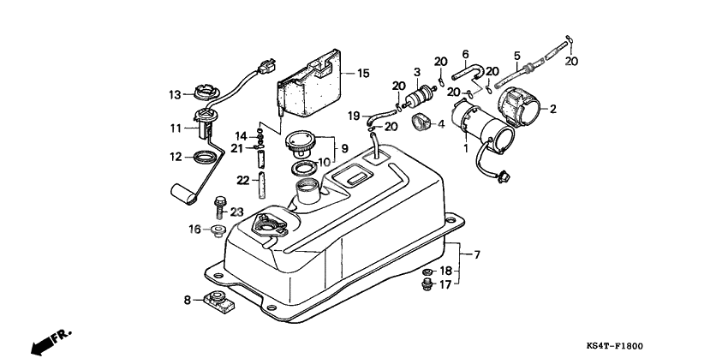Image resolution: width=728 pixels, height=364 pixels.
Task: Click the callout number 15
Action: [363, 74]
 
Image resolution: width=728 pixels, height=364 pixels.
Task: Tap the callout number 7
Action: [477, 254]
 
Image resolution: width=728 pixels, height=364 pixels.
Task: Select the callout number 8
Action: [188, 300]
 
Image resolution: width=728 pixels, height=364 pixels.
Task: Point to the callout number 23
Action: [236, 212]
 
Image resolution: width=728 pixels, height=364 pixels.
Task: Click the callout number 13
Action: [173, 94]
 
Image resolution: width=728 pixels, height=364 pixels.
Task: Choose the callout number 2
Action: [553, 109]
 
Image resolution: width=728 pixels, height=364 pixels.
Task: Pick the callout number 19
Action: [354, 116]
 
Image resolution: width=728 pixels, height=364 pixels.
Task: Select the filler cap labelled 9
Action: [302, 140]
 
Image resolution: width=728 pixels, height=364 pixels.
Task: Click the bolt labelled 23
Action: [218, 207]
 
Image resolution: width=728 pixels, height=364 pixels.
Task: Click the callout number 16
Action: [195, 229]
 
